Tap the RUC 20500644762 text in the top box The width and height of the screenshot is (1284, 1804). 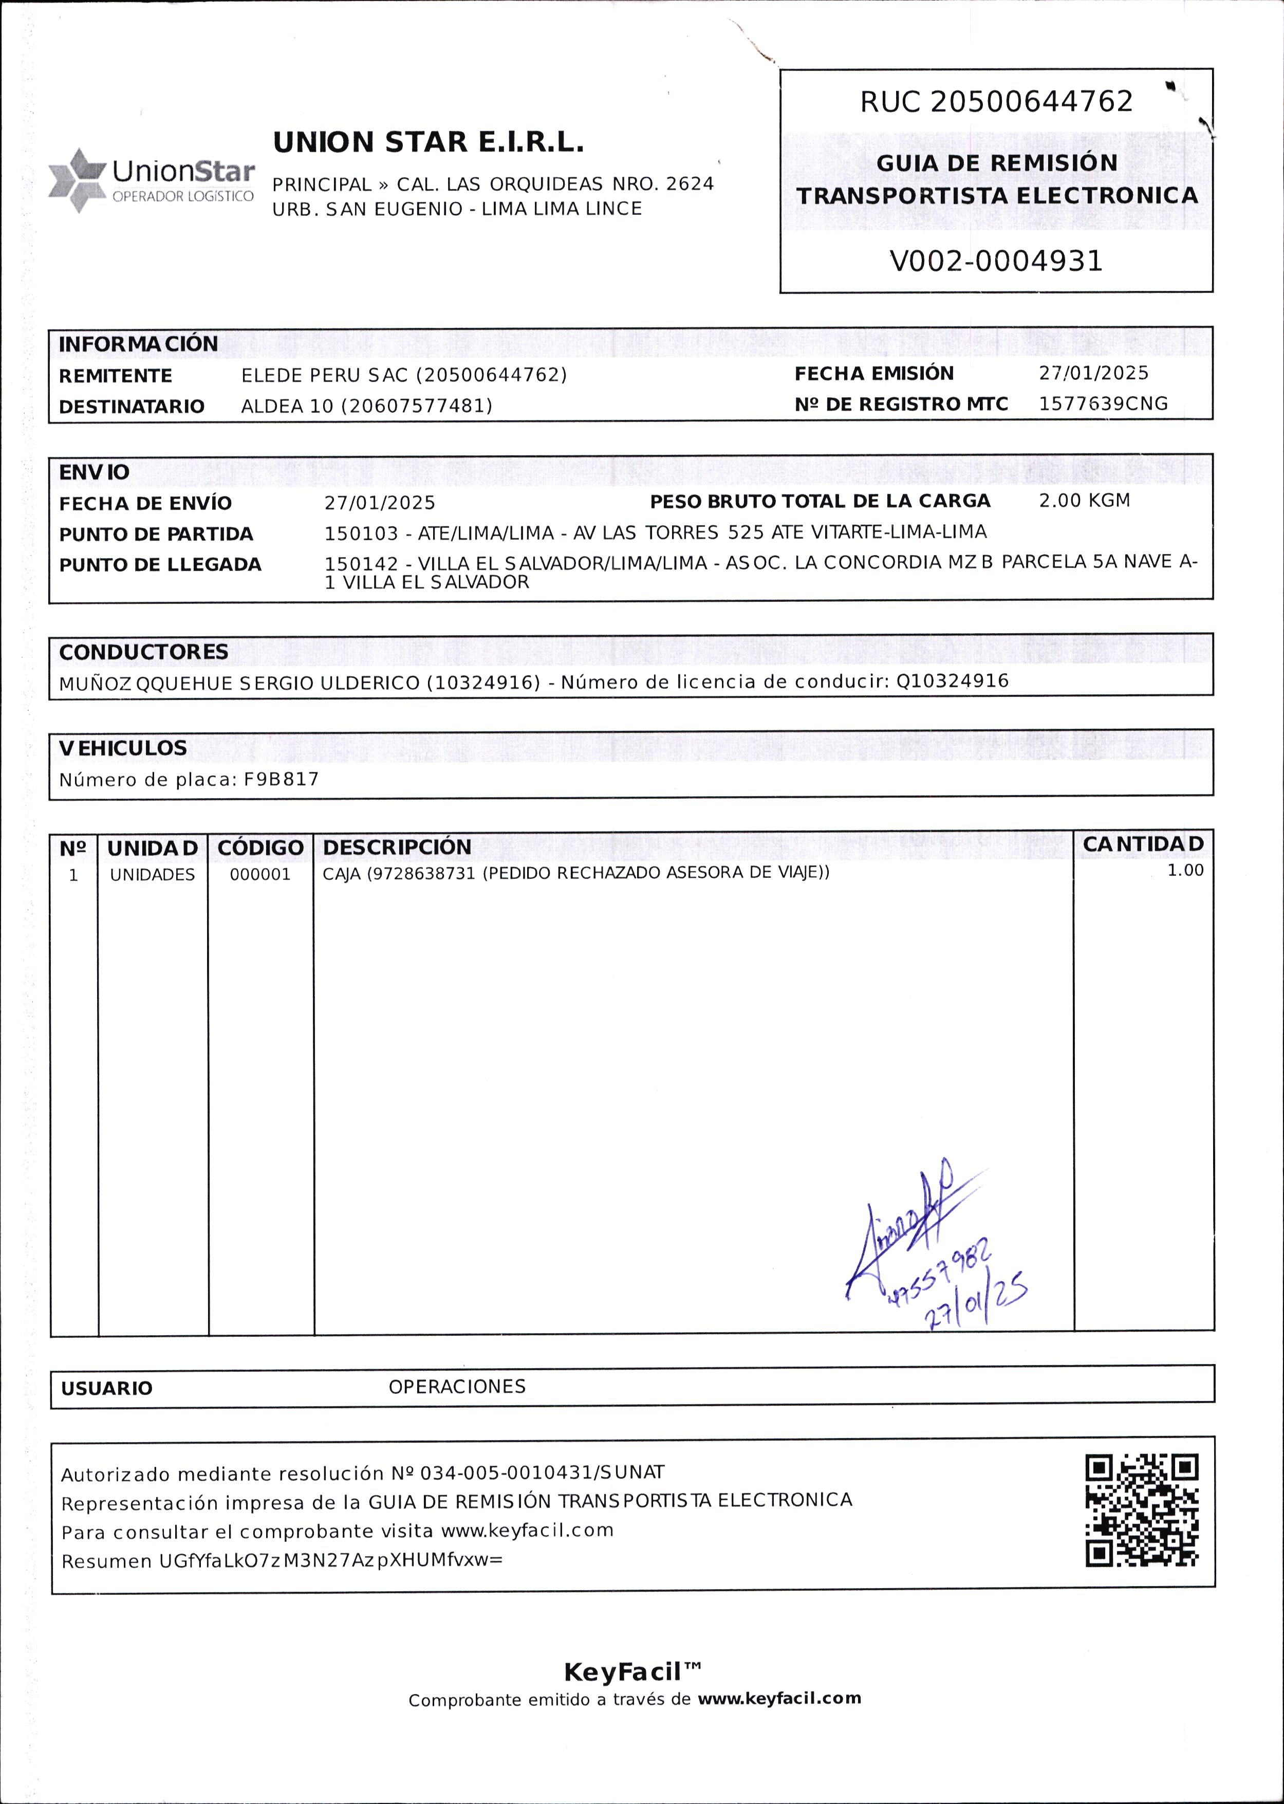(996, 101)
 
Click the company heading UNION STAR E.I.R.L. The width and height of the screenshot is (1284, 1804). (427, 142)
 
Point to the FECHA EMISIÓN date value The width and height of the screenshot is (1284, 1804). (1093, 373)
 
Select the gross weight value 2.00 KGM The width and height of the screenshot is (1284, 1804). (1084, 500)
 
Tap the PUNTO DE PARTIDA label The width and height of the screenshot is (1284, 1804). (156, 534)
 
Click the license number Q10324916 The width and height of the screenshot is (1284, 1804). (952, 681)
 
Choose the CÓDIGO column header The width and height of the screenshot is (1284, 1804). (260, 847)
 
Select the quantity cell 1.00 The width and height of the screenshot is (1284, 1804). (1185, 870)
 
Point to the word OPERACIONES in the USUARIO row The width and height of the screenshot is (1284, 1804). (457, 1387)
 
